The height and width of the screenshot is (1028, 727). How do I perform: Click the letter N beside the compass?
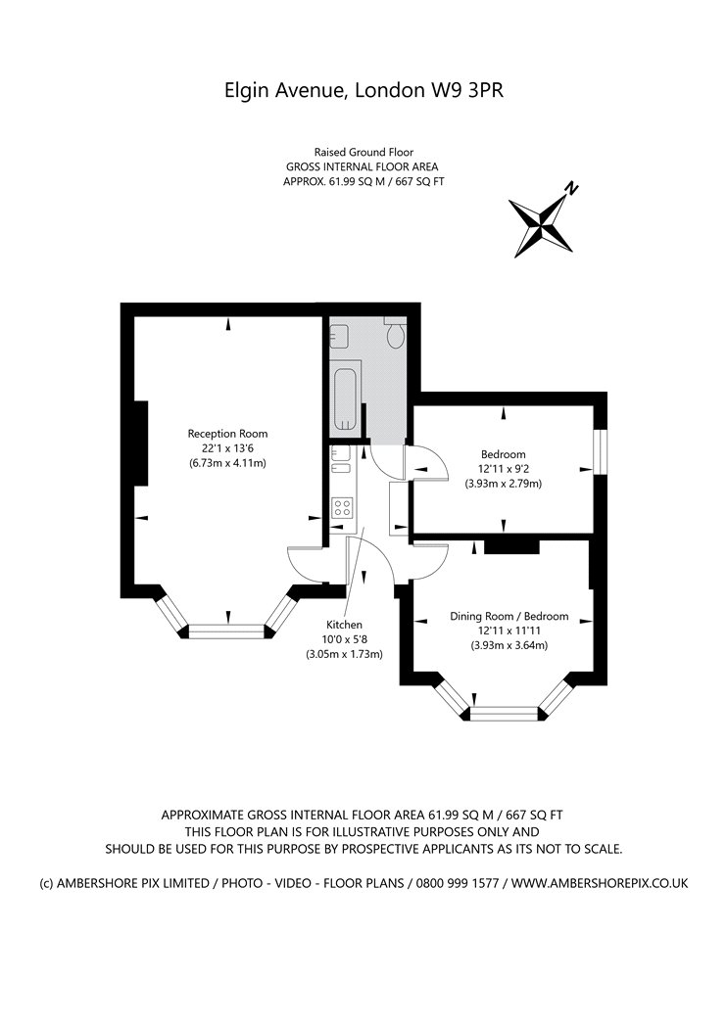(572, 189)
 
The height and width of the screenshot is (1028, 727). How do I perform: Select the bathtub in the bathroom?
(347, 397)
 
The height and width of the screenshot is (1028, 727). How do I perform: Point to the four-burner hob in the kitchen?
(343, 506)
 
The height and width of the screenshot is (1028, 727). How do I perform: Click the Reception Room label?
(227, 434)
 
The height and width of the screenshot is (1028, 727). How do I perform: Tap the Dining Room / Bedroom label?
(509, 616)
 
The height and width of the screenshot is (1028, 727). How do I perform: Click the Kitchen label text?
(345, 625)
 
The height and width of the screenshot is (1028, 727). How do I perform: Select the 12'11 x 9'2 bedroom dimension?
(504, 469)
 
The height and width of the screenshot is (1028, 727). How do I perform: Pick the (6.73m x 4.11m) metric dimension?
(227, 463)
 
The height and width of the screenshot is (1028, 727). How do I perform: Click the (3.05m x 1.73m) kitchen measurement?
(345, 654)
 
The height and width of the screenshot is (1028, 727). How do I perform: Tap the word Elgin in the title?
(245, 90)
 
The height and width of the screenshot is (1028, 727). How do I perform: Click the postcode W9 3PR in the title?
(466, 90)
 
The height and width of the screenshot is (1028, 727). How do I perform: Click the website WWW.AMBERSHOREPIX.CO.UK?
(600, 883)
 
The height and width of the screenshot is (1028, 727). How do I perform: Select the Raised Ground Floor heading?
(363, 152)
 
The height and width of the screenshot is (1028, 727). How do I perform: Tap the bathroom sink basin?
(340, 338)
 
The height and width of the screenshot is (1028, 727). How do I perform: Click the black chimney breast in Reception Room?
(140, 444)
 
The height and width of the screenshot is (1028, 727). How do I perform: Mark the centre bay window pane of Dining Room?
(505, 714)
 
